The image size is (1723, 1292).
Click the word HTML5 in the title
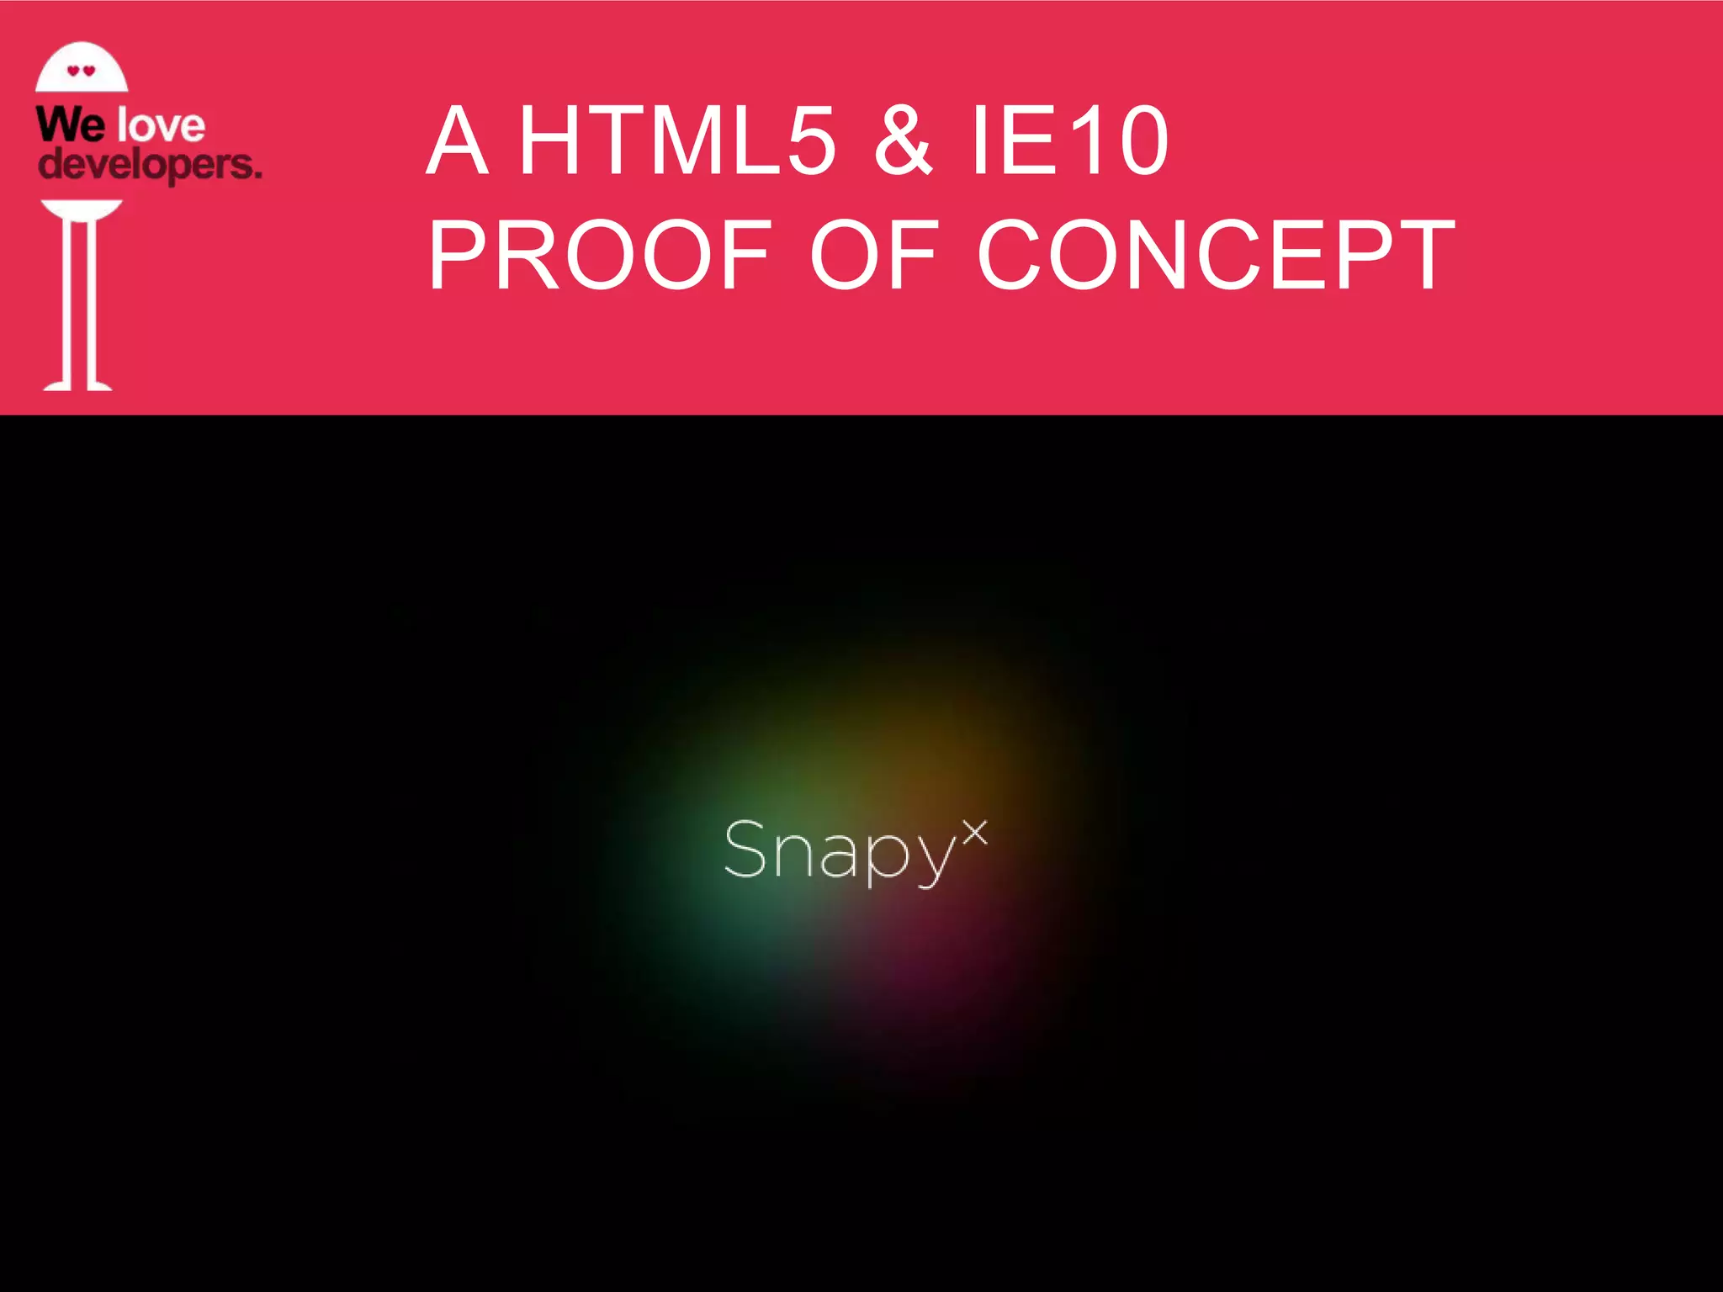(678, 140)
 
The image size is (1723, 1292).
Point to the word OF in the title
(874, 255)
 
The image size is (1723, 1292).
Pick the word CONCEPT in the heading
(1216, 255)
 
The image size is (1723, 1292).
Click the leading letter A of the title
(458, 140)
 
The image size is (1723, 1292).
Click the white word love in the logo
(162, 126)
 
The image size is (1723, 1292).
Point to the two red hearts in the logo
(82, 71)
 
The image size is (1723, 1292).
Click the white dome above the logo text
(82, 67)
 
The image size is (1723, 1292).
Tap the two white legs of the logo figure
(78, 307)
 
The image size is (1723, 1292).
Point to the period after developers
(257, 175)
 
